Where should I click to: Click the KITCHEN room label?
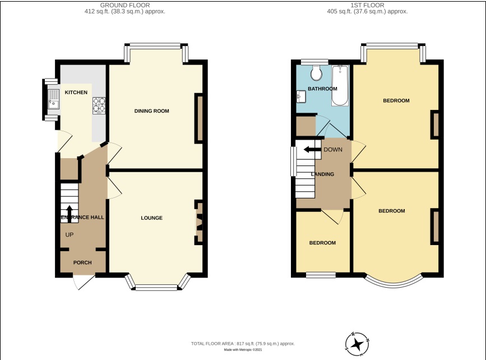click(x=76, y=92)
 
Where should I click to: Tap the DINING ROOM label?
click(x=151, y=111)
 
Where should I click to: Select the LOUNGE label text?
click(x=151, y=218)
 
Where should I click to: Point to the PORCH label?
click(x=82, y=262)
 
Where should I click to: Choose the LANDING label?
click(x=322, y=174)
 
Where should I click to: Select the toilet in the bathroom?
click(x=316, y=73)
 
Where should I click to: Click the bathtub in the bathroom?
click(x=340, y=87)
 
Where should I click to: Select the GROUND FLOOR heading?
click(x=125, y=5)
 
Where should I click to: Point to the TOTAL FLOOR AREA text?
click(x=243, y=343)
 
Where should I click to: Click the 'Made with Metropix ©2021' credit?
click(x=243, y=350)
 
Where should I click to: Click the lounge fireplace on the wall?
click(x=198, y=222)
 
